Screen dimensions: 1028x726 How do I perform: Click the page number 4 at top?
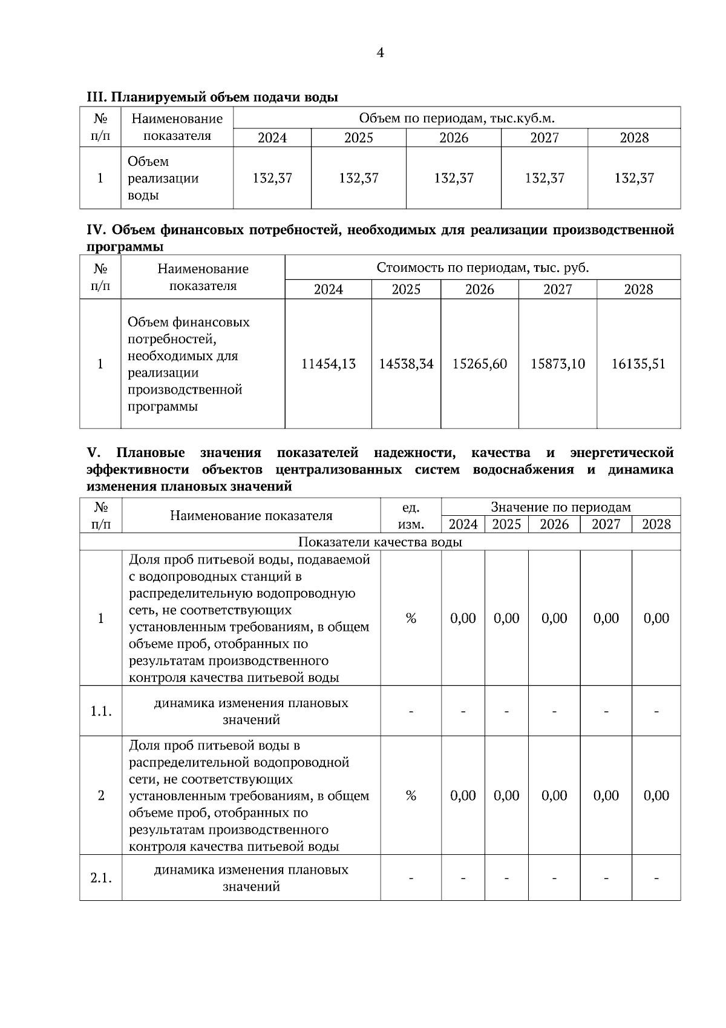[x=379, y=53]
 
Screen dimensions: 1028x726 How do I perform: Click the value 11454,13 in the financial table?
[x=328, y=364]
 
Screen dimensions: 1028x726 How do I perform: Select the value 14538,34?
[x=406, y=364]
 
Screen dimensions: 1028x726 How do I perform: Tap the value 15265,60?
[x=480, y=364]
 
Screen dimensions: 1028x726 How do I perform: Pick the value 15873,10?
[x=557, y=364]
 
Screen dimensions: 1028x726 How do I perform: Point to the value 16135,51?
[x=638, y=364]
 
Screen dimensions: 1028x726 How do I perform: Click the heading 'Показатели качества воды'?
[x=380, y=542]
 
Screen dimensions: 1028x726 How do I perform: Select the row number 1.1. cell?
[x=101, y=711]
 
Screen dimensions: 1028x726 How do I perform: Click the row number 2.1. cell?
[x=101, y=878]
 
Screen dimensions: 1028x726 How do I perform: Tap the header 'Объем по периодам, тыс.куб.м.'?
[x=456, y=117]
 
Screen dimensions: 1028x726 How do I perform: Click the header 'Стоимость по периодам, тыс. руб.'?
[x=482, y=268]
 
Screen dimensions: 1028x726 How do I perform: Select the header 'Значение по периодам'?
[x=560, y=507]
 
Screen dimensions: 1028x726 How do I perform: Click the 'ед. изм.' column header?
[x=411, y=516]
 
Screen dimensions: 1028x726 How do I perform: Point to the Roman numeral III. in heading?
[x=97, y=97]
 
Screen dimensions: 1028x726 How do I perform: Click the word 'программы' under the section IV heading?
[x=125, y=247]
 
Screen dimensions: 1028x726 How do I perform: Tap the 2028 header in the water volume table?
[x=633, y=138]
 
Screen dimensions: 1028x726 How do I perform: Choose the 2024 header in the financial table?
[x=328, y=289]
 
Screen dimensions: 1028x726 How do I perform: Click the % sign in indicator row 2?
[x=411, y=796]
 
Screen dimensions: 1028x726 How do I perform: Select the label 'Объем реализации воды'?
[x=163, y=179]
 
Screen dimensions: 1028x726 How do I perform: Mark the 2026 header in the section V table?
[x=554, y=524]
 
